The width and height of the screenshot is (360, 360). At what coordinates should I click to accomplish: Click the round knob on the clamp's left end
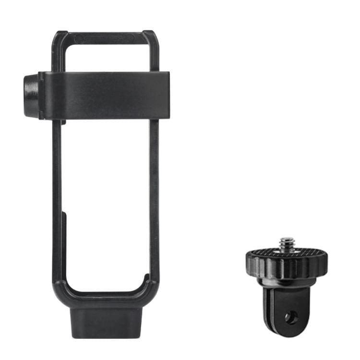31,96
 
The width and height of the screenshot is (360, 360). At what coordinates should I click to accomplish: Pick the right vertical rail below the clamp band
154,192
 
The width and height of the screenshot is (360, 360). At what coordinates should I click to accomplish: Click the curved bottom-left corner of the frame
62,288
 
